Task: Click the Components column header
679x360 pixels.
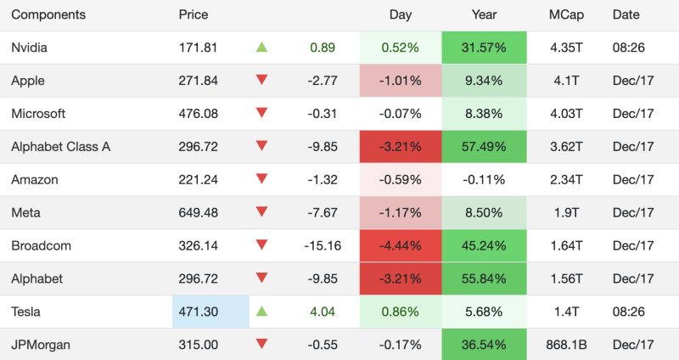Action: tap(48, 14)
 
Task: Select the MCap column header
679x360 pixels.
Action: tap(565, 14)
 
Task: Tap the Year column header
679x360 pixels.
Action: tap(484, 14)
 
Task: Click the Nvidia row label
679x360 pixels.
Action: tap(30, 48)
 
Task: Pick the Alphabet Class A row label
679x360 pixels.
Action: tap(60, 147)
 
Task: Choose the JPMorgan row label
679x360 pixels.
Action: tap(41, 345)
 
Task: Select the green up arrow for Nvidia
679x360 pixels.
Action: tap(261, 48)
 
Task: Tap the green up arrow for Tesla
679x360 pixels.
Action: tap(261, 312)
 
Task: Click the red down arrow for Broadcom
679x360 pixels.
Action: tap(261, 245)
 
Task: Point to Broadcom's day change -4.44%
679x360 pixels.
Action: tap(401, 246)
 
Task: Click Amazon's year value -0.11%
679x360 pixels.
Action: tap(484, 180)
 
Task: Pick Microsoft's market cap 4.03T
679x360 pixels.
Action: tap(566, 114)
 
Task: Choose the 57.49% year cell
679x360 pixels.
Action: tap(484, 147)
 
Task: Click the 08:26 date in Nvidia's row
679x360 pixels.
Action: tap(628, 48)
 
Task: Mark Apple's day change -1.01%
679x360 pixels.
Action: tap(401, 81)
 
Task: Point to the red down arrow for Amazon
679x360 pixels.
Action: tap(261, 179)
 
